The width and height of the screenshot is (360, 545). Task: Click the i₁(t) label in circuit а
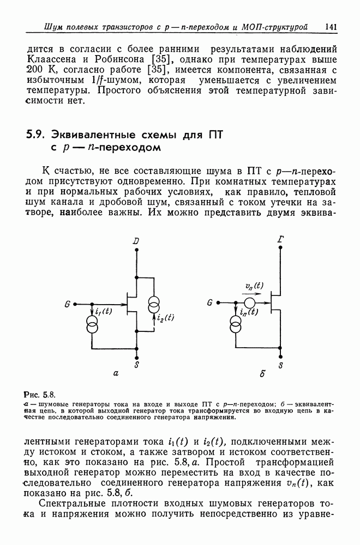104,312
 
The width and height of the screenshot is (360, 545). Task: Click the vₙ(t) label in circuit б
254,286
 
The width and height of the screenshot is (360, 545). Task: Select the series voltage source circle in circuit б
250,302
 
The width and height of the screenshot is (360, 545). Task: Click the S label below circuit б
280,367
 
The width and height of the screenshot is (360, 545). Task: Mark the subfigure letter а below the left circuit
115,374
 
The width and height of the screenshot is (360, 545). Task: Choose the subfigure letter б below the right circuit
263,374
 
